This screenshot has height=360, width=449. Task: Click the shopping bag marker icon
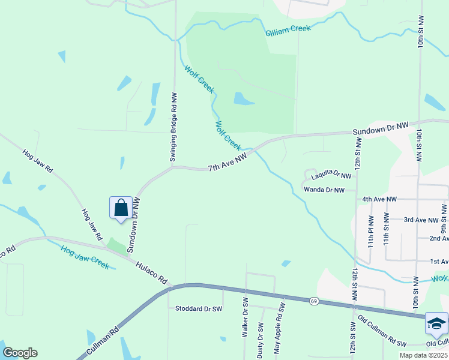point(121,208)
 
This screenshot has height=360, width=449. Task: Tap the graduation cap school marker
point(436,324)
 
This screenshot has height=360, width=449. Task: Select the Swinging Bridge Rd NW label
point(173,127)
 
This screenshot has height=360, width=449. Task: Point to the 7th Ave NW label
point(228,163)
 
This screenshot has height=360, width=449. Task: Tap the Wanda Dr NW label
point(324,190)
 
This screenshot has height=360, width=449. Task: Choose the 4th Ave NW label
point(379,199)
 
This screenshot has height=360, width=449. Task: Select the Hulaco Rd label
point(151,272)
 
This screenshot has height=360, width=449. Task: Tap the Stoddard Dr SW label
point(198,309)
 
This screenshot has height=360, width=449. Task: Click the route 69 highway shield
point(314,301)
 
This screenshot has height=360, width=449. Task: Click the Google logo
point(20,353)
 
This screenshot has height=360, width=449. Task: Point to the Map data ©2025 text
point(424,355)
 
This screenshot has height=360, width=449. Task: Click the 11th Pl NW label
point(371,232)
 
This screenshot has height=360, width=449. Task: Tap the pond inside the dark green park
point(243,98)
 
